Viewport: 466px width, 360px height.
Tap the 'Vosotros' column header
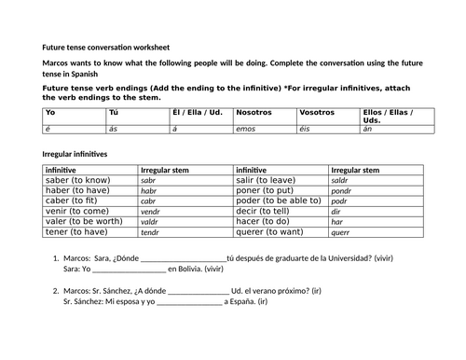(318, 112)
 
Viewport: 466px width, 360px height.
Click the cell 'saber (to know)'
(75, 181)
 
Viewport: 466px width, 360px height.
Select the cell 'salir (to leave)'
(268, 181)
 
